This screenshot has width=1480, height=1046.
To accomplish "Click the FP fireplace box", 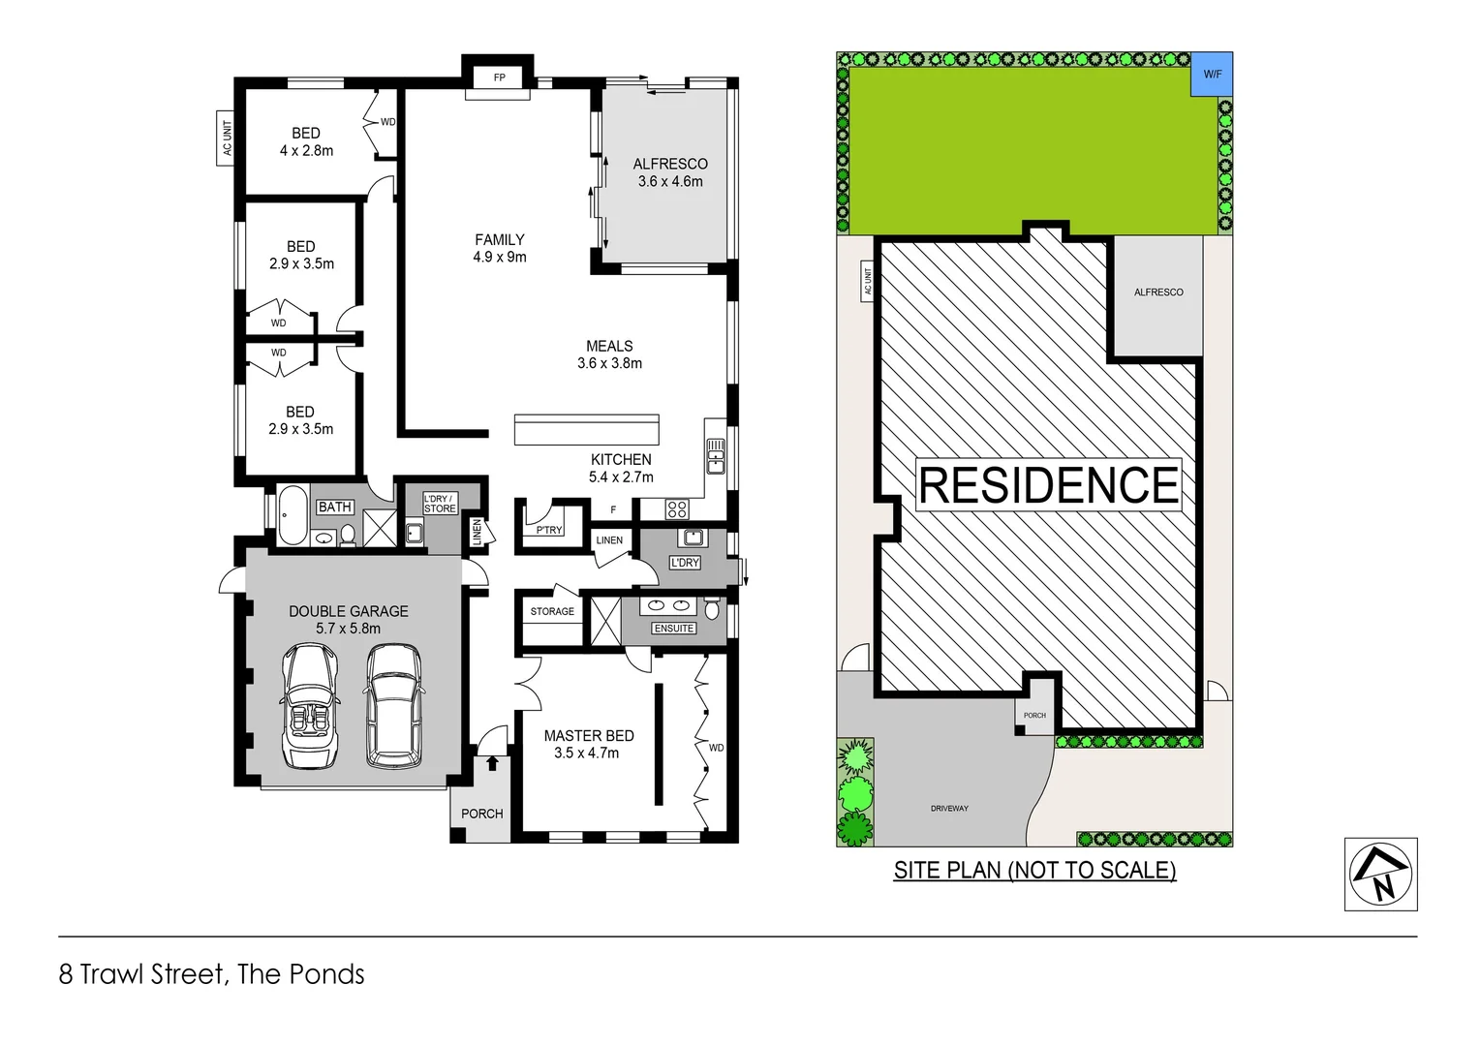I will click(x=499, y=77).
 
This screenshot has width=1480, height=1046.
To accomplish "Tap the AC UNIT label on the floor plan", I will click(x=227, y=138).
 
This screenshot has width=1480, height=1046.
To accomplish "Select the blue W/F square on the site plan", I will click(x=1212, y=75).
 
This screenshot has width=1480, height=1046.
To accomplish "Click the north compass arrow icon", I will click(x=1380, y=875).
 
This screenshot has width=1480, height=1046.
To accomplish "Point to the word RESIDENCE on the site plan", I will click(x=1048, y=485).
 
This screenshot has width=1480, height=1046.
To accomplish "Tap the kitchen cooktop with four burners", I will click(x=677, y=509).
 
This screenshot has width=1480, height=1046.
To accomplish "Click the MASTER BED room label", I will click(x=588, y=736).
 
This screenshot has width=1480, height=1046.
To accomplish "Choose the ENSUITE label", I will click(x=673, y=629).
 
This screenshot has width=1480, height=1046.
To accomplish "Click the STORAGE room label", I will click(x=552, y=612).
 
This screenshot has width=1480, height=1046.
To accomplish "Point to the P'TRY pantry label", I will click(x=548, y=530).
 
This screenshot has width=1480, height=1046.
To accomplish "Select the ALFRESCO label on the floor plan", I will click(x=670, y=164).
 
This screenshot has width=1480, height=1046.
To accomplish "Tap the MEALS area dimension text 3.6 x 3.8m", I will click(x=609, y=364).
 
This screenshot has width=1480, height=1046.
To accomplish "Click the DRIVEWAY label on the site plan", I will click(x=949, y=808).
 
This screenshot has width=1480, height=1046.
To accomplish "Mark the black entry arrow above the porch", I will click(x=492, y=763).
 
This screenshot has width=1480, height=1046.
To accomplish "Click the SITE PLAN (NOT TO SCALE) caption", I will click(x=1034, y=871).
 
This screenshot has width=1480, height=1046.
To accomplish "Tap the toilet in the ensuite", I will click(x=712, y=609).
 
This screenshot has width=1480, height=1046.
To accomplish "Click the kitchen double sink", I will click(x=716, y=455).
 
